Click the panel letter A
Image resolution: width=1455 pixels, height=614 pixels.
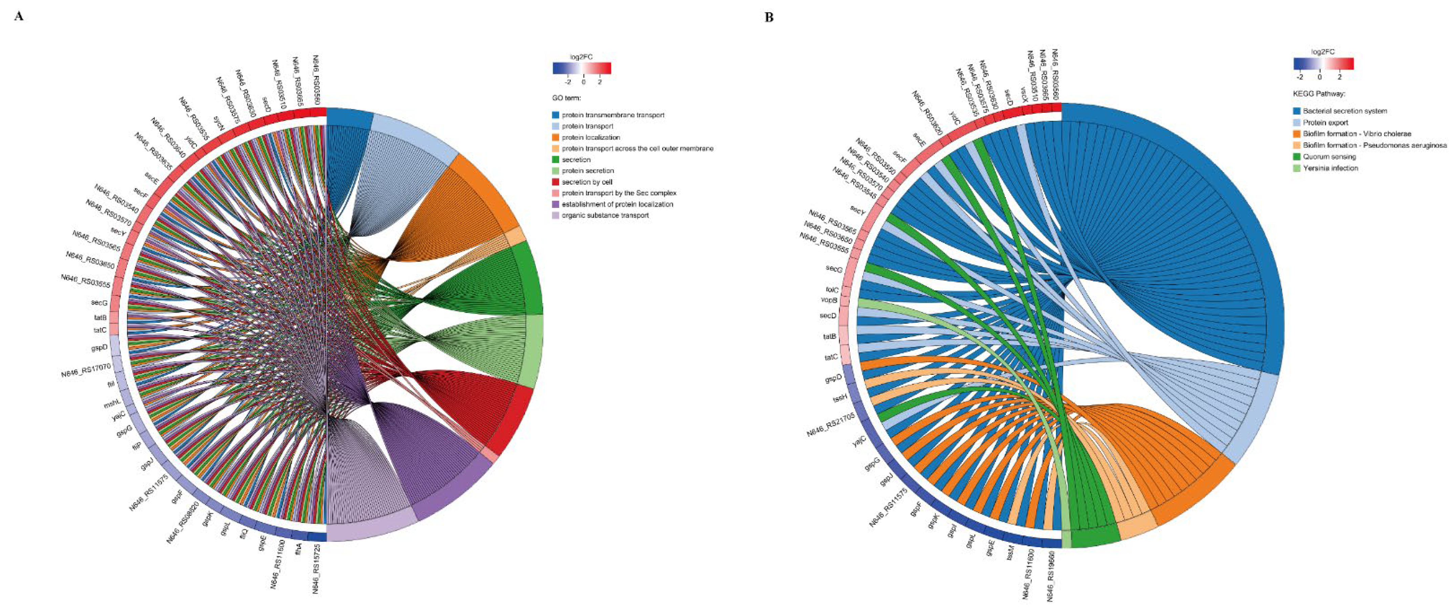(19, 16)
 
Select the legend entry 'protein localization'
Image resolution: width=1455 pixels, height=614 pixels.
(590, 137)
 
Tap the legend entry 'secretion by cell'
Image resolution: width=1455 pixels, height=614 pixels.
(587, 182)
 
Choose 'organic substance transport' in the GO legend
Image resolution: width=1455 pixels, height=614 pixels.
(605, 215)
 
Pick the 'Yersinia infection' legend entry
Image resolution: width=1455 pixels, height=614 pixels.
(1330, 168)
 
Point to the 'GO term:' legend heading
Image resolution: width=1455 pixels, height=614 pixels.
(566, 98)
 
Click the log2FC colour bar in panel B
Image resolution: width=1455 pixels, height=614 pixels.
(1323, 63)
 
